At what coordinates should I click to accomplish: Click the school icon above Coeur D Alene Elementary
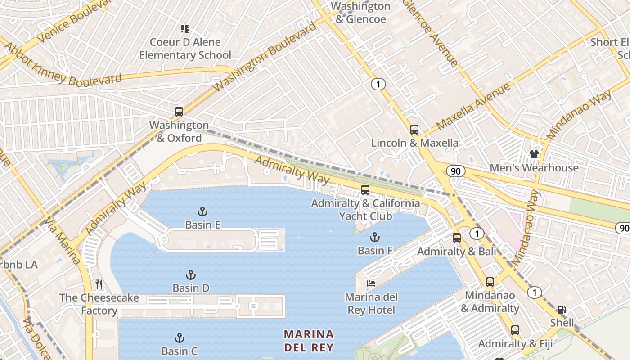coord(184,29)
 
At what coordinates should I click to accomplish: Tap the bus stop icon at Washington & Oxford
coord(179,112)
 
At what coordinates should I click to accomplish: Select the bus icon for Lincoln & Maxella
coord(414,130)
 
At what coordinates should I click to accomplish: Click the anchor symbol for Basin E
coord(202,211)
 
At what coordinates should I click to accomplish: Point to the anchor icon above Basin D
coord(191,275)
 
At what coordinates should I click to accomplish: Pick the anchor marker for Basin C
coord(180,338)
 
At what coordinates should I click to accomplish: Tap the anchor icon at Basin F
coord(374,237)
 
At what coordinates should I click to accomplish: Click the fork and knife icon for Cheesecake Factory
coord(99,284)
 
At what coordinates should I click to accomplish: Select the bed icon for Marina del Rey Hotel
coord(371,283)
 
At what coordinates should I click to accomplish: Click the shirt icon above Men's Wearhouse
coord(534,154)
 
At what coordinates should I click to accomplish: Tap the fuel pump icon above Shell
coord(562,310)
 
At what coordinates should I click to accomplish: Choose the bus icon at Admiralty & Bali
coord(457,238)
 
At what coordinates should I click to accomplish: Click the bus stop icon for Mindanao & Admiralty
coord(490,282)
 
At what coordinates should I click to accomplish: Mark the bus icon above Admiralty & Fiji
coord(515,330)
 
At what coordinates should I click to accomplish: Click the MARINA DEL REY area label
coord(309,341)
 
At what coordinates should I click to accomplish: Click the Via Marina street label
coord(63,241)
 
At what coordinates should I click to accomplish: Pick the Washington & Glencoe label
coord(361,13)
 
